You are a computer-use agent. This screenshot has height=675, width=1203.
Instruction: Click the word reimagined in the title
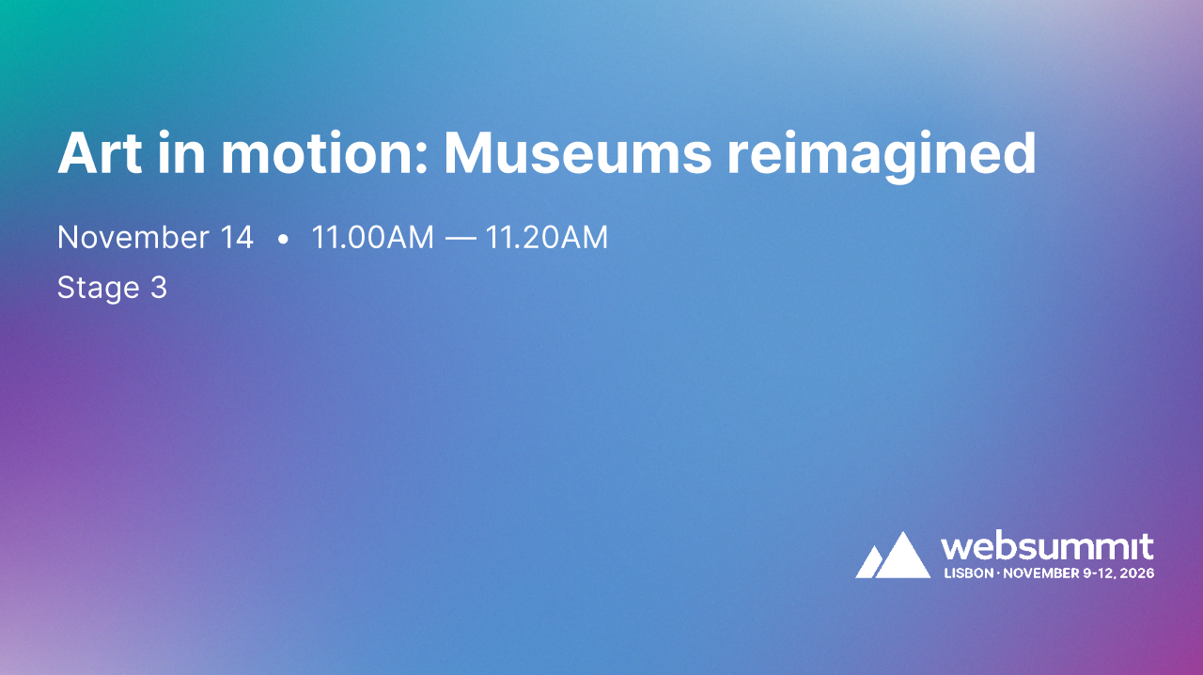(x=882, y=154)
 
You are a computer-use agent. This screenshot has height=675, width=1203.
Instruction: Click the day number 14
(x=237, y=238)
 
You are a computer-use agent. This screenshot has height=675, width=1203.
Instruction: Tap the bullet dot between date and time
(x=283, y=240)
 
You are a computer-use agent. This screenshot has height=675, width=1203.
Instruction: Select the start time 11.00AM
(x=372, y=238)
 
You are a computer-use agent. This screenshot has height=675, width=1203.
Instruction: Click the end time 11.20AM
(x=546, y=238)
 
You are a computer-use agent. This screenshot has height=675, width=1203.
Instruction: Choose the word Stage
(x=98, y=288)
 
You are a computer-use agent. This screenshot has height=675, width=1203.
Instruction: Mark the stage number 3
(x=158, y=288)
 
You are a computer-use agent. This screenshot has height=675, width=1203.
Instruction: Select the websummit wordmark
(x=1047, y=547)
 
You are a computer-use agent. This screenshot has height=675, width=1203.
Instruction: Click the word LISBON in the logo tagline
(x=968, y=573)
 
